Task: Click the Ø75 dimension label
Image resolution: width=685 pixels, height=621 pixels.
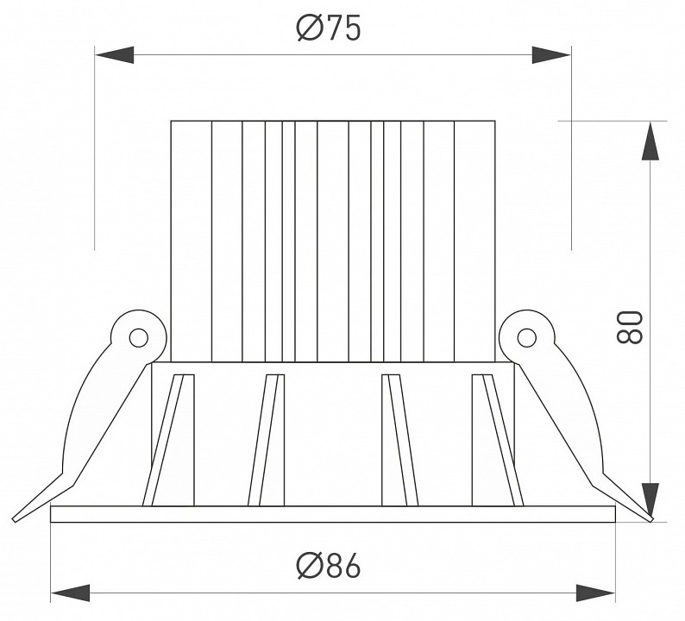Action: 329,28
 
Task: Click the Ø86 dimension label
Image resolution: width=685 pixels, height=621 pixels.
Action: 329,565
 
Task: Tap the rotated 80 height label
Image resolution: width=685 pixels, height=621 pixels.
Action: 630,327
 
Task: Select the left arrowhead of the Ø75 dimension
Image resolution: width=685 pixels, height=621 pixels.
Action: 114,55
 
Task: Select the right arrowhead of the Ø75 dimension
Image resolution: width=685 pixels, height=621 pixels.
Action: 551,55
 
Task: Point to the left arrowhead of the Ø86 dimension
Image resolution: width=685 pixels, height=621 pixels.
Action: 71,593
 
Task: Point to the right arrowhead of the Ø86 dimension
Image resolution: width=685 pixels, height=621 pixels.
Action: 595,593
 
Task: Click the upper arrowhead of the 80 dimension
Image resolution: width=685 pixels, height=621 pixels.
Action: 651,141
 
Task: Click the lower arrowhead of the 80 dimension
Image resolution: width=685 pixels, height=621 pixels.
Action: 651,502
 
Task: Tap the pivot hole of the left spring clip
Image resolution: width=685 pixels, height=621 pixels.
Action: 139,337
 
